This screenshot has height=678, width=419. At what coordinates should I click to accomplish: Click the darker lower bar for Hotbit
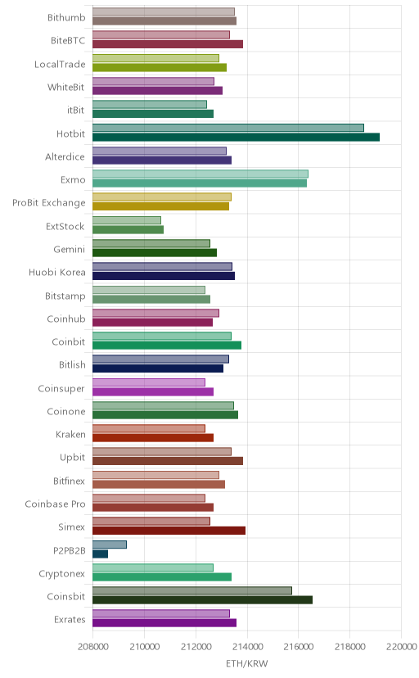tap(236, 137)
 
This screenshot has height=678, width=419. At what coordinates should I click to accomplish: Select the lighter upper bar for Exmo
tap(200, 174)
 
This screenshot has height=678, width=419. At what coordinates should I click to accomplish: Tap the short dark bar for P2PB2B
tap(100, 554)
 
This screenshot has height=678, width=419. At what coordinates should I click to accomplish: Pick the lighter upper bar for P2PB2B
tap(110, 545)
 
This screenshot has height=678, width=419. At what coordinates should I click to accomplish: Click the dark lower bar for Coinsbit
tap(202, 599)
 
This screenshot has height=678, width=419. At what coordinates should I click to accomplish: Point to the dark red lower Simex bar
tap(169, 531)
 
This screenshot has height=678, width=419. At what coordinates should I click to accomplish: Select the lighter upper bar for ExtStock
tap(127, 220)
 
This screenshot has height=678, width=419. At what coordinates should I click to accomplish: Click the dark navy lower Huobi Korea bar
tap(164, 276)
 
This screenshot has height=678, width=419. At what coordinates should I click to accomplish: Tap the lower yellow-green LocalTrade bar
tap(160, 67)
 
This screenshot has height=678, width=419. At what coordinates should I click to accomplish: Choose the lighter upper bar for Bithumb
tap(164, 11)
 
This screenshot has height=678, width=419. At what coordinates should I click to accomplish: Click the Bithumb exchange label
tap(66, 18)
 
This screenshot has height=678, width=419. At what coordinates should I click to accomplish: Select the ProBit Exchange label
tap(49, 203)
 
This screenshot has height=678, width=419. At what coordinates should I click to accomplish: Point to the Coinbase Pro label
tap(56, 504)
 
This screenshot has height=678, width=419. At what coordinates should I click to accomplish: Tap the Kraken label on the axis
tap(70, 434)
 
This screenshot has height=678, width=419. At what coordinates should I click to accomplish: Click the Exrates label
tap(70, 619)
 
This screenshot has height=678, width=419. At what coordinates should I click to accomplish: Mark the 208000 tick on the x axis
tap(92, 647)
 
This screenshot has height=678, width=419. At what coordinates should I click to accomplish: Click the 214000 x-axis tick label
tap(247, 647)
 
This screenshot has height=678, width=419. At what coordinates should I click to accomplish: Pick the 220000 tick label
tap(402, 647)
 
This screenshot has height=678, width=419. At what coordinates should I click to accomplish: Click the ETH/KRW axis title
tap(246, 663)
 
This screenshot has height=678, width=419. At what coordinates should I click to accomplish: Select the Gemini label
tap(69, 249)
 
